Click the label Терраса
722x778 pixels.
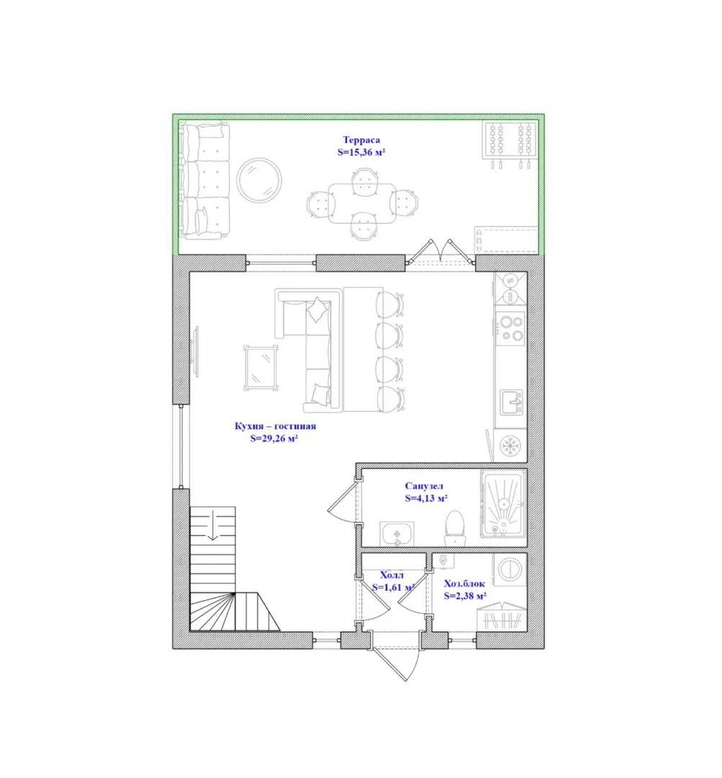[x=361, y=140]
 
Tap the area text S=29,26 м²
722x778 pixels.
[x=274, y=438]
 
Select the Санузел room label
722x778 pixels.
[x=424, y=486]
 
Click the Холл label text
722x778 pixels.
[x=392, y=575]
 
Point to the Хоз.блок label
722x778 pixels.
[x=464, y=583]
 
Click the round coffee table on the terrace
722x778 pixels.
[x=259, y=180]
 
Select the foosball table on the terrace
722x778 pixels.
[x=509, y=144]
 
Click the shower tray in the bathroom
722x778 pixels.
[x=503, y=504]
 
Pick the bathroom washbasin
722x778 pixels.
[x=397, y=534]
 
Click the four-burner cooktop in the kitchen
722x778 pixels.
[x=511, y=328]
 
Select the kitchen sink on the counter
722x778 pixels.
[x=511, y=402]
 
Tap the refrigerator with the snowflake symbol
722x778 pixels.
[x=510, y=445]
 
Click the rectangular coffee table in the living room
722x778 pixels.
[x=261, y=367]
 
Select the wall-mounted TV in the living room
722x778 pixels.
[x=195, y=352]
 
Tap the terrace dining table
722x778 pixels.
[x=362, y=204]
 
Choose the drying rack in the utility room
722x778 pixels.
[x=502, y=617]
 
